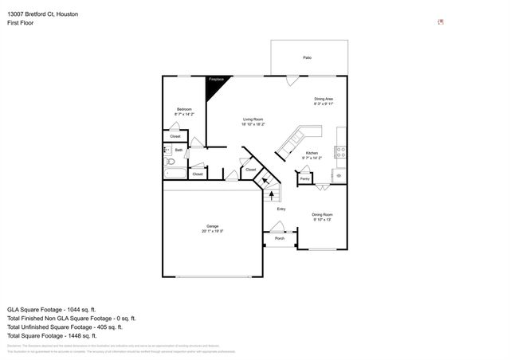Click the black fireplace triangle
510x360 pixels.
[214, 88]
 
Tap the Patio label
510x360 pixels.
[307, 58]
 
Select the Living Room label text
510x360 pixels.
[253, 119]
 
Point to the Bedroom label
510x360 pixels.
[183, 109]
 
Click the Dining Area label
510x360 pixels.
[324, 99]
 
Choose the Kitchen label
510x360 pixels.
[312, 153]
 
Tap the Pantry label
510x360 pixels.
[304, 179]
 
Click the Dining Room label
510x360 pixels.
[322, 214]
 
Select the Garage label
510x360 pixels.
[213, 226]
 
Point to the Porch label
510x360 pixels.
[279, 238]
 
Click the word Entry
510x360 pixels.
[280, 209]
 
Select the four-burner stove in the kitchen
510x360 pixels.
[339, 151]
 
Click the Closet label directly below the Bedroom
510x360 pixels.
[175, 136]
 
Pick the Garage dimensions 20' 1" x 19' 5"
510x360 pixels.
[213, 231]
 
